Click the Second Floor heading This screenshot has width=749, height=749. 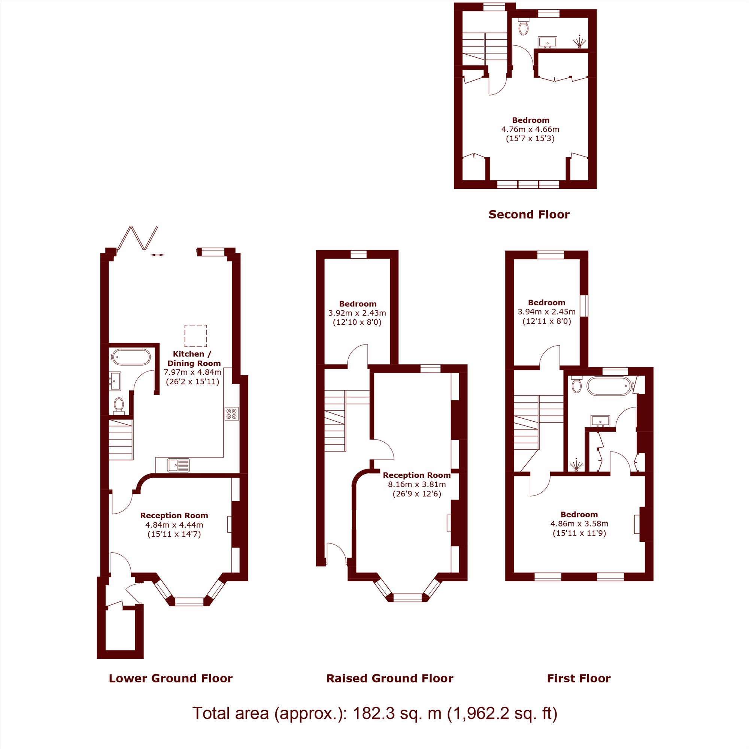tap(529, 214)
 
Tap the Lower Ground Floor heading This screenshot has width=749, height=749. tap(170, 679)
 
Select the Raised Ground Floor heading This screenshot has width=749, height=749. tap(389, 679)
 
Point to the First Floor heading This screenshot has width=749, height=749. tap(579, 679)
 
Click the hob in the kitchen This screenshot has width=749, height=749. tap(231, 414)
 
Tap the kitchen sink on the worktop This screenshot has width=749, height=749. tap(179, 465)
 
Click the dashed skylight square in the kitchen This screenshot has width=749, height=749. tap(196, 336)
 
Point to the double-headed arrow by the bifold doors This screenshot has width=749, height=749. tap(157, 255)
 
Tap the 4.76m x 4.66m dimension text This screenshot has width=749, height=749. tap(530, 130)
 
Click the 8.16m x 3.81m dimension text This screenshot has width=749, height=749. tap(417, 484)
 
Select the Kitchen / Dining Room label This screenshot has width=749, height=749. tap(194, 359)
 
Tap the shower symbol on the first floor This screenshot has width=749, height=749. tap(577, 464)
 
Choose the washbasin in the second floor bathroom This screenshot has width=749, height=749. tap(548, 42)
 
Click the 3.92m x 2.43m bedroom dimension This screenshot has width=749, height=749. tap(357, 313)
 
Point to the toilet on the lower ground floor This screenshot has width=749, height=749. tap(119, 406)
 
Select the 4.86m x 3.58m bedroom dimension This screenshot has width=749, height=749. tap(579, 524)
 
